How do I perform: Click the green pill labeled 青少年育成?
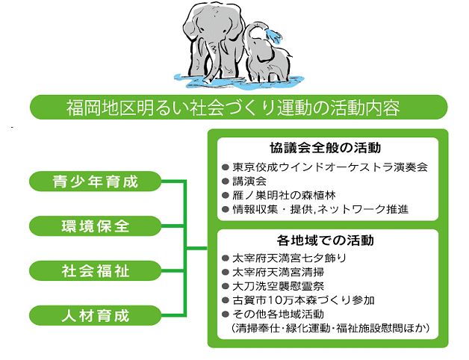coord(95,181)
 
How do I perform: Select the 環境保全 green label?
coord(95,226)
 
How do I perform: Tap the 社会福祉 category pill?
coord(95,270)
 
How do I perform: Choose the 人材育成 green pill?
coord(95,315)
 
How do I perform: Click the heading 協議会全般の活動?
coord(326,148)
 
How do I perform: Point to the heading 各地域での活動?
coord(326,240)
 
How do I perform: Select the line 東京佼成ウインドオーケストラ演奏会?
coord(330,167)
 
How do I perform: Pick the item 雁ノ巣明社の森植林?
coord(284,195)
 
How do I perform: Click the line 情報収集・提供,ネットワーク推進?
coord(320,209)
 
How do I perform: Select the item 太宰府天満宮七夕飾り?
coord(289,258)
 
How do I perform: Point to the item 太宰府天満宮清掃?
coord(278,272)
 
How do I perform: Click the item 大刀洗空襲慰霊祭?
coord(278,286)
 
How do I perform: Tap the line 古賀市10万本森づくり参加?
coord(303,300)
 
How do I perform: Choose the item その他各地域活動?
coord(278,314)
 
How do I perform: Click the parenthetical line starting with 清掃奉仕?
coord(331,328)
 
